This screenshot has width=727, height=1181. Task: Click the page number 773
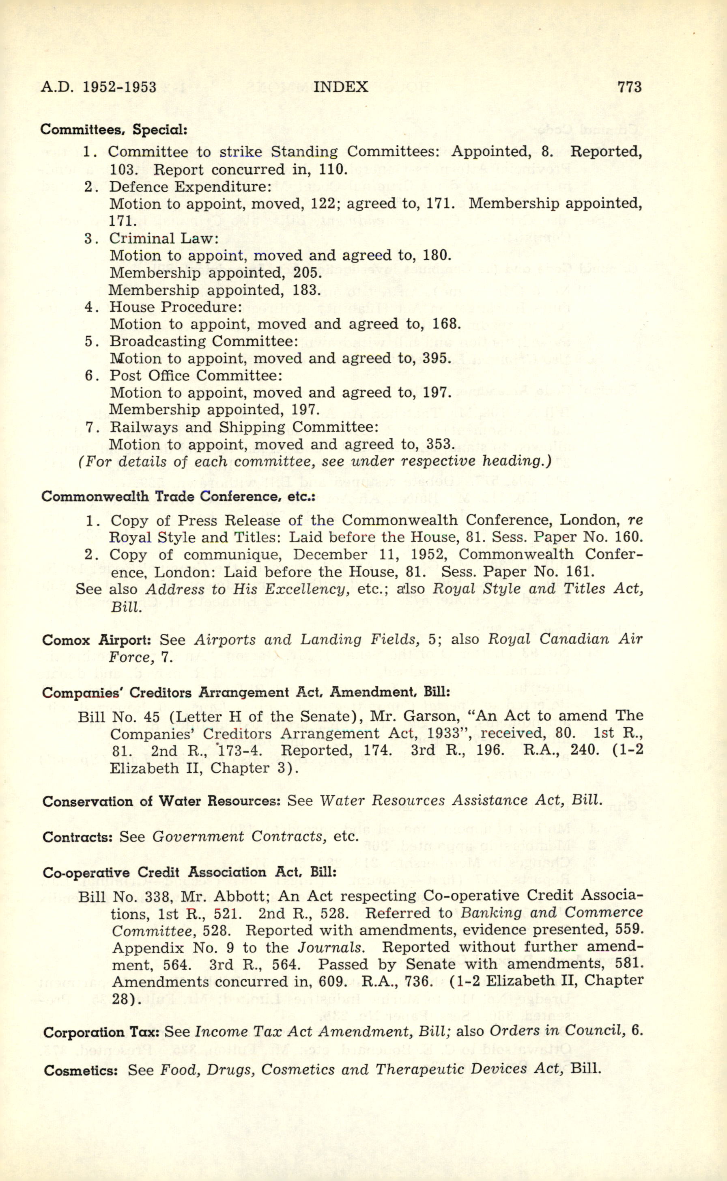[x=629, y=87]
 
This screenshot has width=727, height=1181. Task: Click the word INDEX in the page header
[x=340, y=87]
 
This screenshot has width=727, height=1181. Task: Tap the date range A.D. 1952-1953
[x=99, y=87]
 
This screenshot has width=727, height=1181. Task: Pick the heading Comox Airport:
[x=97, y=640]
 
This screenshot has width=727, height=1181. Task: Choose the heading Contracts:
[x=77, y=837]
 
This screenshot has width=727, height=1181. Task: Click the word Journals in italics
[x=329, y=947]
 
